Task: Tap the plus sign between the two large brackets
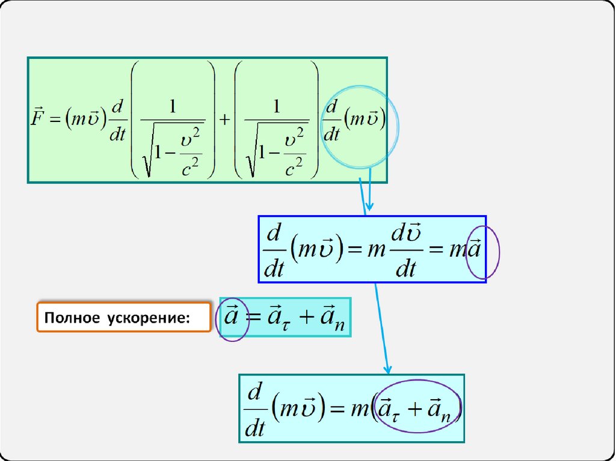click(x=224, y=120)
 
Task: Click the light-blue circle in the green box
click(x=363, y=127)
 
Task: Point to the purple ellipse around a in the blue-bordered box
click(x=484, y=252)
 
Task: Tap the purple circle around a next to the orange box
click(x=232, y=318)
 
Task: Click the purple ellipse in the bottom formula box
click(x=417, y=406)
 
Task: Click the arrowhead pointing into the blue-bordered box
click(x=369, y=208)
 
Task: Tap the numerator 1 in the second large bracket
click(x=277, y=106)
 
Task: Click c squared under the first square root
click(x=190, y=166)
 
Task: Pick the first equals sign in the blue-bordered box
click(x=355, y=251)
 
